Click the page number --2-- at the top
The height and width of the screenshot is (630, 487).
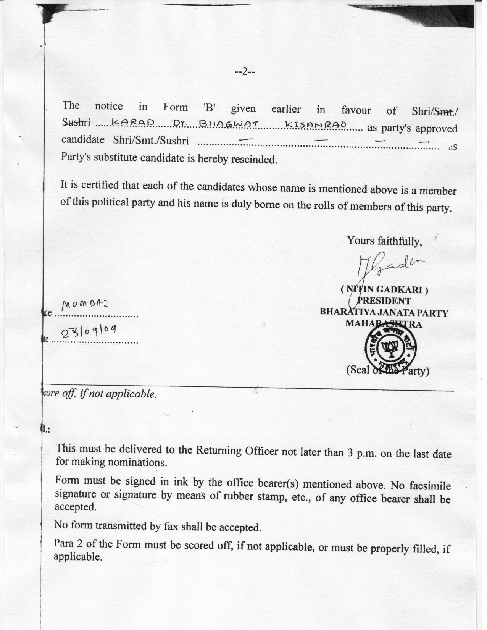click(x=244, y=71)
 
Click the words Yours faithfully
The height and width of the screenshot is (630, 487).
click(x=384, y=241)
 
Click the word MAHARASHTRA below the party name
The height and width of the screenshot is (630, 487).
click(x=384, y=324)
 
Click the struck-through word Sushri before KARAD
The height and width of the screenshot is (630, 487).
click(x=76, y=122)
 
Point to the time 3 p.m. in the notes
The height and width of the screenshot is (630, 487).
click(x=359, y=453)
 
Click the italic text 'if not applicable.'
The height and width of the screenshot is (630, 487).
click(x=118, y=394)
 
